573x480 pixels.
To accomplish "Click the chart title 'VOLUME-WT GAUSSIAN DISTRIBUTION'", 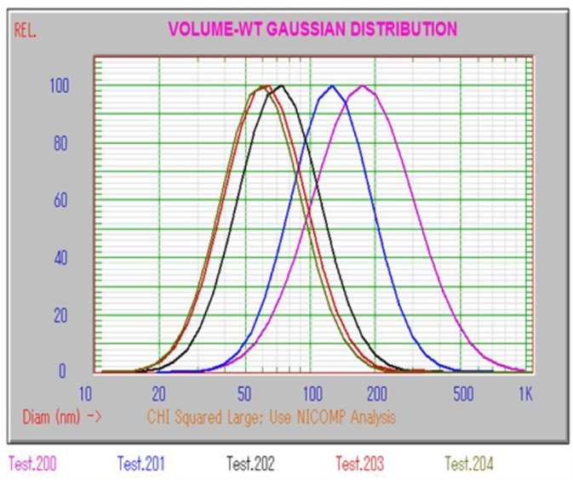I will (x=312, y=29).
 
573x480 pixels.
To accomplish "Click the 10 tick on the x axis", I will (x=85, y=394).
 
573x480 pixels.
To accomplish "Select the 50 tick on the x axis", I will (x=244, y=394).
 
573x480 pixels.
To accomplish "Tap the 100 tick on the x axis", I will (x=312, y=394).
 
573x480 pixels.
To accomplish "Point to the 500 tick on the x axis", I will (x=462, y=394).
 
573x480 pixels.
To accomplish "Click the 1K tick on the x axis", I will (x=525, y=394).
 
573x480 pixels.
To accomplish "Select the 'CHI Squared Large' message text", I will (x=271, y=417).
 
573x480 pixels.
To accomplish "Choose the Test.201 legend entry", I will (x=140, y=464).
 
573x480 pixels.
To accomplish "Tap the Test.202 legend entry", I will (x=250, y=464).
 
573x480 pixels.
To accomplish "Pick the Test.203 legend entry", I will (x=359, y=464).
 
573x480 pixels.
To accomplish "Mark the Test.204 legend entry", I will (x=469, y=464).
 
